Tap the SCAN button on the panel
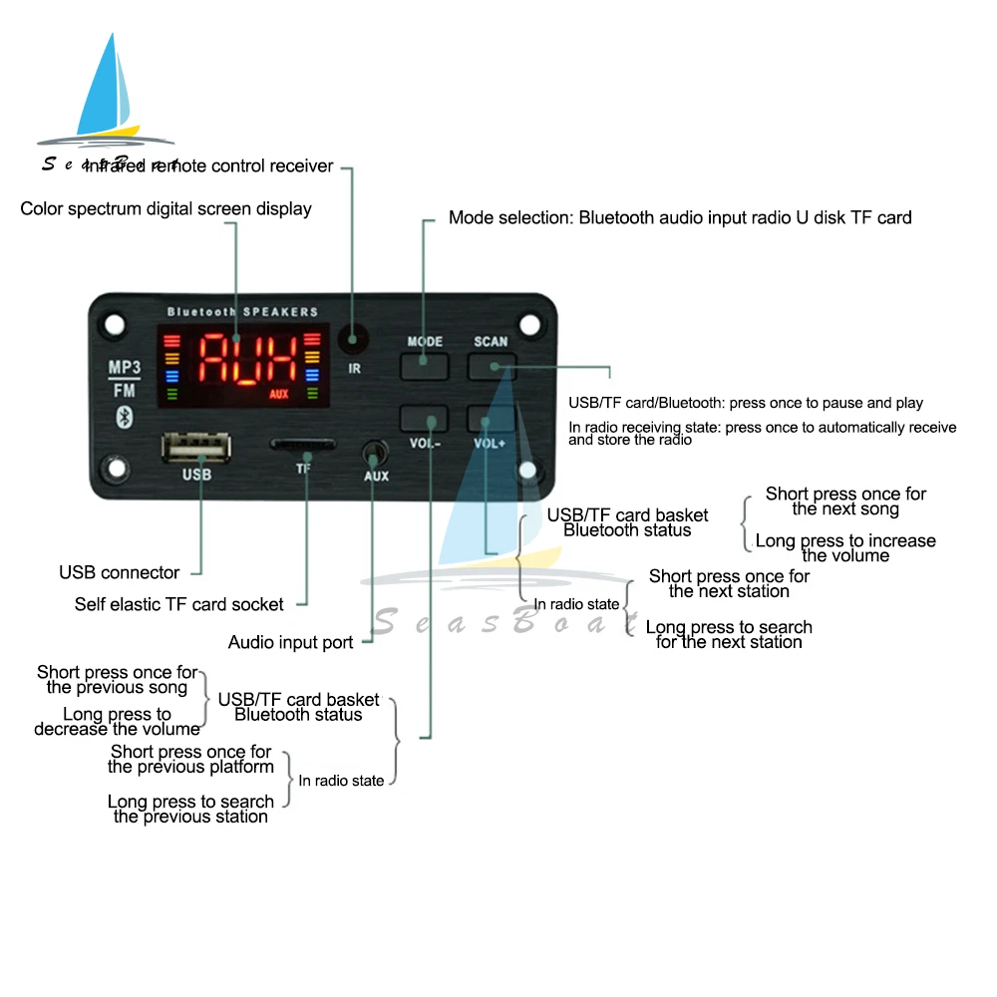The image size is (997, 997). [x=491, y=366]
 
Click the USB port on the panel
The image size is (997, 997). [x=196, y=448]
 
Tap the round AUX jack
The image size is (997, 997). [x=375, y=453]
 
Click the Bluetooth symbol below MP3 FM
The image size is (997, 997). [x=125, y=415]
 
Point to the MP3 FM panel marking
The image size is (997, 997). [x=125, y=378]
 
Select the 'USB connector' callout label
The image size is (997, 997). [x=120, y=572]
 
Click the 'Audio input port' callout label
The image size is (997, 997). [x=291, y=642]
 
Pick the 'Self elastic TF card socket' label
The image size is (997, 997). [x=179, y=604]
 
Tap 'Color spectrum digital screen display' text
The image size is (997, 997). [x=166, y=208]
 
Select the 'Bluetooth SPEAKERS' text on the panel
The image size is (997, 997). [x=242, y=312]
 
